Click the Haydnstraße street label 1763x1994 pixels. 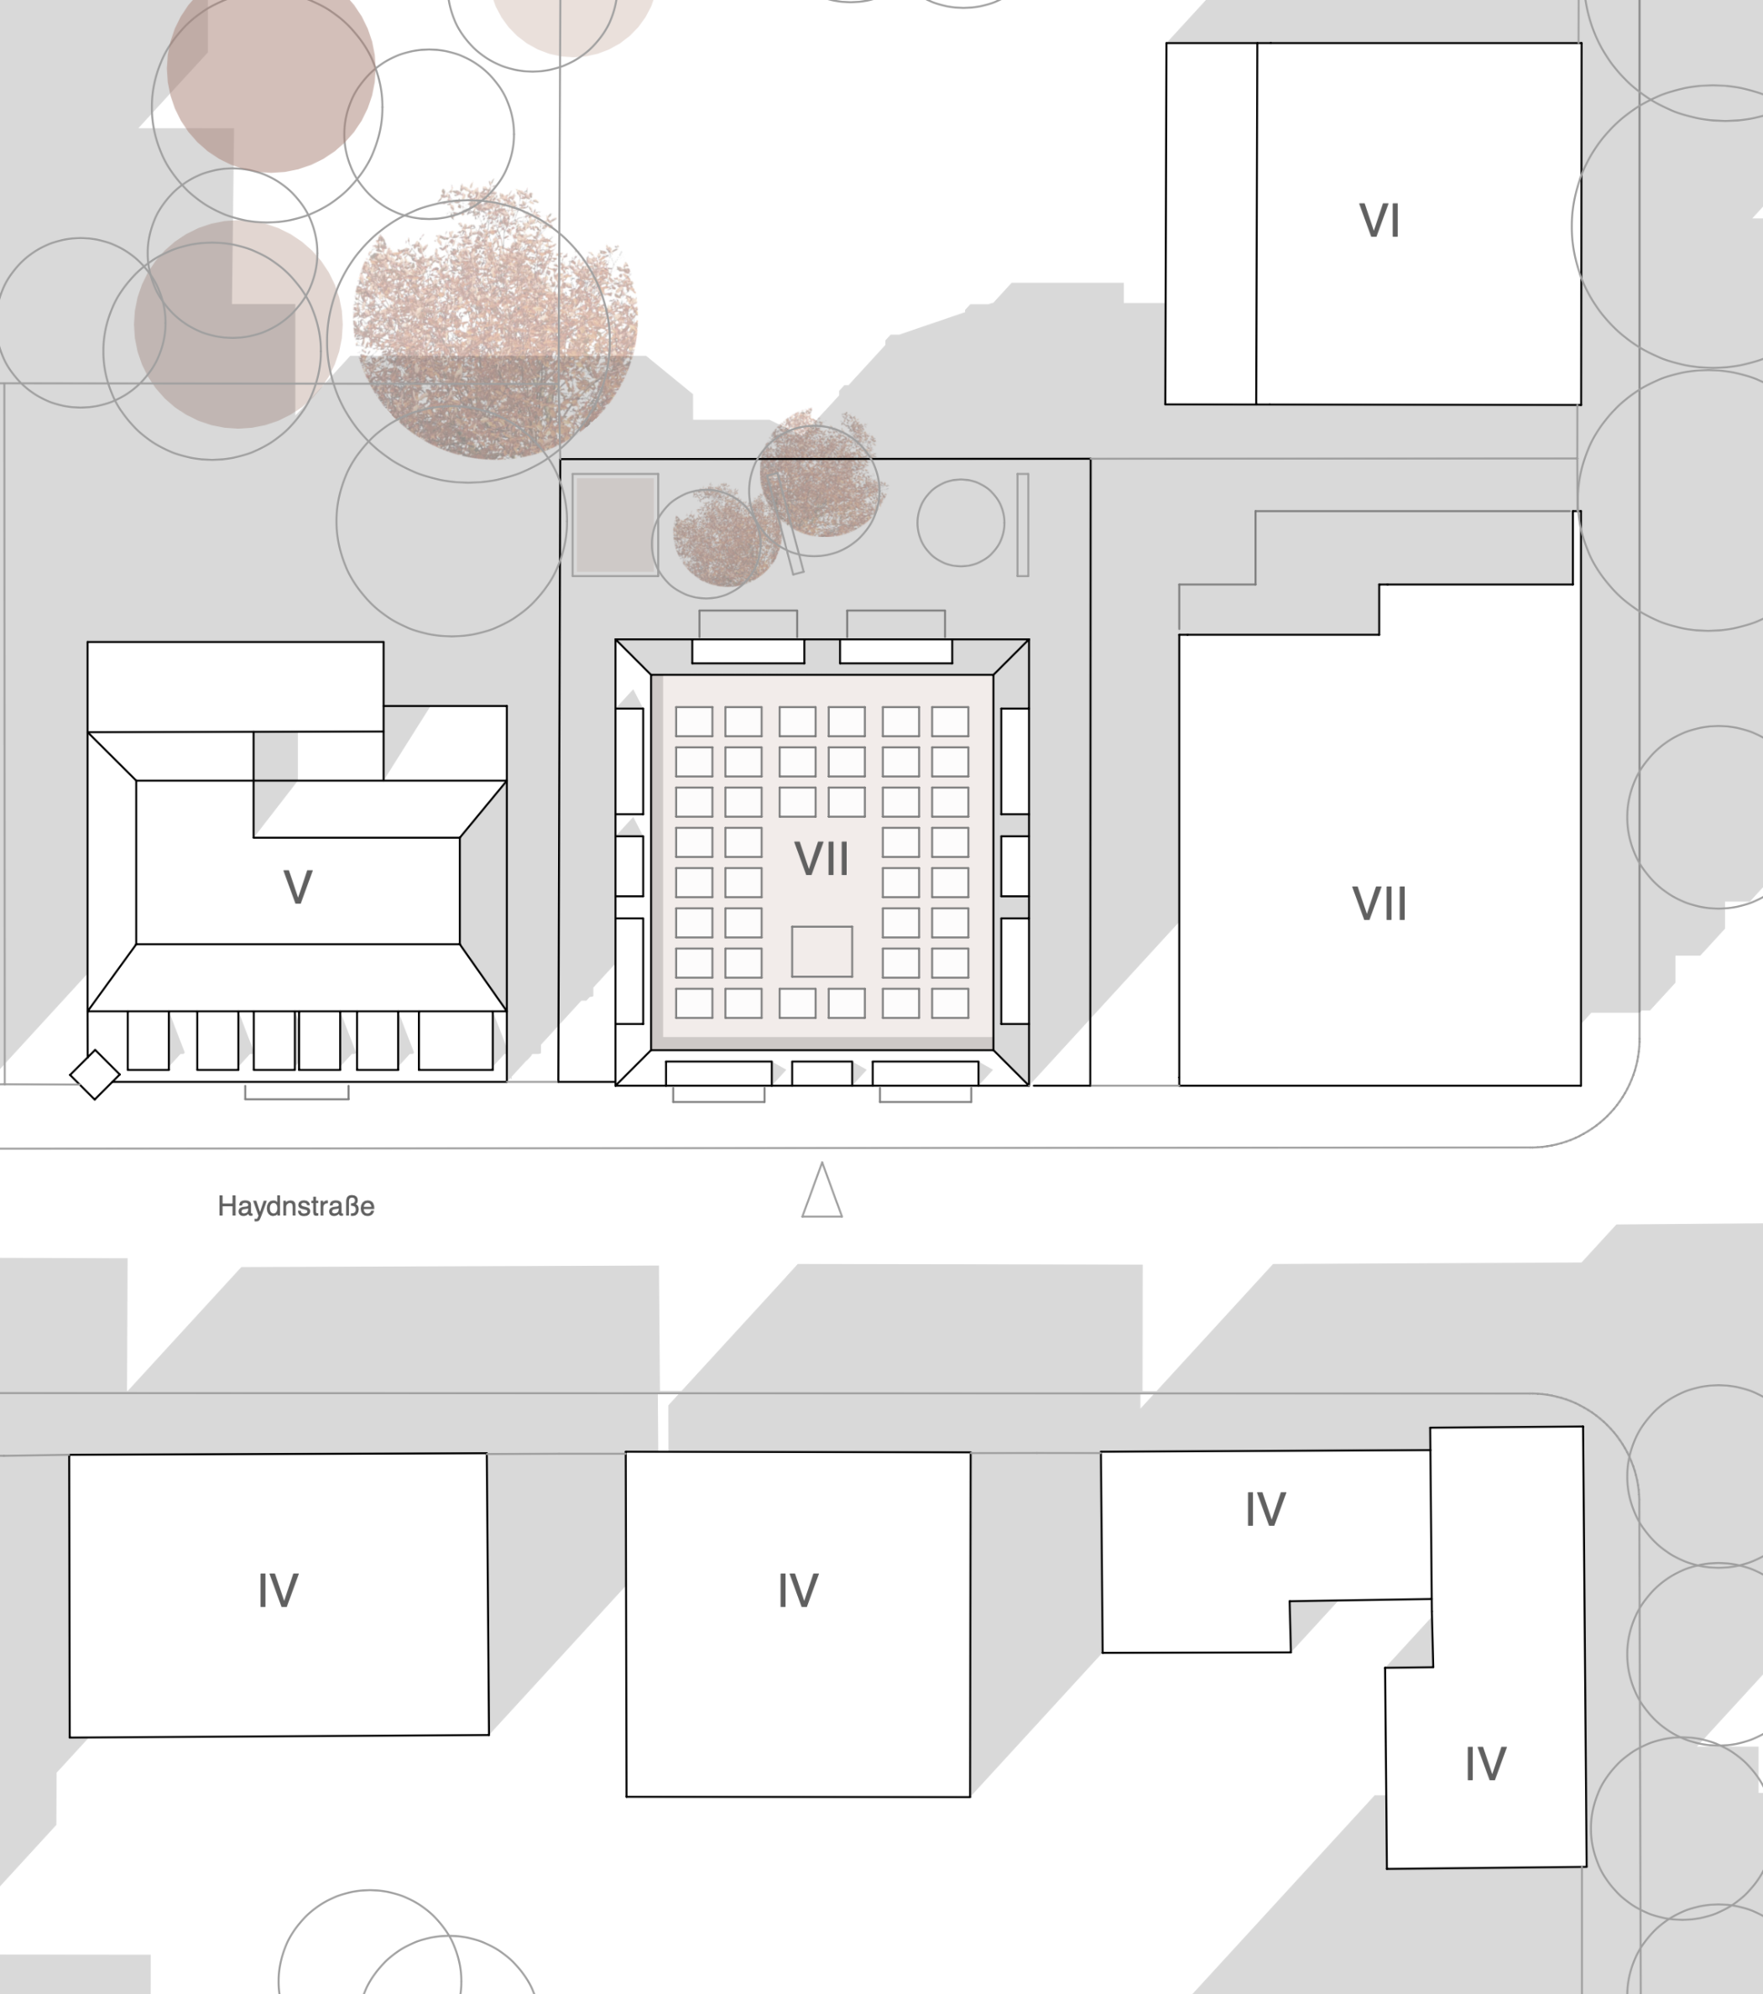tap(295, 1207)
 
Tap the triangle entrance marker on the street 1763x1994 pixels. tap(822, 1191)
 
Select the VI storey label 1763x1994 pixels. tap(1380, 221)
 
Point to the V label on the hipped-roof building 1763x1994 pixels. tap(298, 888)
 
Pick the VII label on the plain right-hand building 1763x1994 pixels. tap(1380, 904)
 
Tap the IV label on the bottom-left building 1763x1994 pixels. tap(278, 1591)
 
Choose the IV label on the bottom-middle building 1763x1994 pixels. tap(798, 1591)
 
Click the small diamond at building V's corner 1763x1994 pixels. tap(95, 1075)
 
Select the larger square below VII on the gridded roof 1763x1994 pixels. tap(822, 951)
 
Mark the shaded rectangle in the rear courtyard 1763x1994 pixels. tap(615, 525)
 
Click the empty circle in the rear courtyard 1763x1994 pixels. tap(961, 523)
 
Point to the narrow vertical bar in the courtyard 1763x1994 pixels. tap(1023, 525)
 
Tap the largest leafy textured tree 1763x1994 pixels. tap(494, 322)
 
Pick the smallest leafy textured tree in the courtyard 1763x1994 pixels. tap(725, 534)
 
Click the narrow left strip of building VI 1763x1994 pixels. tap(1211, 223)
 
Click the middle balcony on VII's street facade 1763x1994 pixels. tap(822, 1073)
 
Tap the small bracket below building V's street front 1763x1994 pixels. tap(296, 1092)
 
